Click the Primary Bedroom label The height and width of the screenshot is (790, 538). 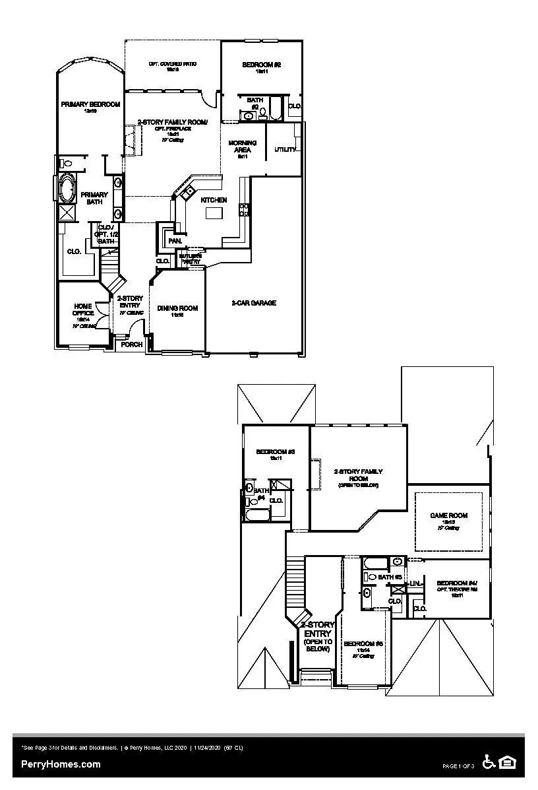tap(90, 105)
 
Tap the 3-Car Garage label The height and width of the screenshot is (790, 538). tap(253, 303)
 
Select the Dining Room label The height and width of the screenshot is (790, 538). tap(177, 308)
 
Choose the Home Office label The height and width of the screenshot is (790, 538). tap(83, 310)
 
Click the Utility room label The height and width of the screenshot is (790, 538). tap(285, 150)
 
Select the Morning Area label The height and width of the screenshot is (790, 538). tap(242, 147)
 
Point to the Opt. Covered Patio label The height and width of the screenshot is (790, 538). tap(172, 65)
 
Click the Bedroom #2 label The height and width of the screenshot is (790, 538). tap(261, 65)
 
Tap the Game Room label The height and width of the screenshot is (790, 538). tap(448, 515)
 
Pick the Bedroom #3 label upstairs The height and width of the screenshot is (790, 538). tap(275, 452)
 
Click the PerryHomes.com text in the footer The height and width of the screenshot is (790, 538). tap(61, 764)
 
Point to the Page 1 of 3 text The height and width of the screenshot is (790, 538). tap(458, 766)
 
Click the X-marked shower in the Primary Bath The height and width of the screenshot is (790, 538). tap(67, 213)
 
